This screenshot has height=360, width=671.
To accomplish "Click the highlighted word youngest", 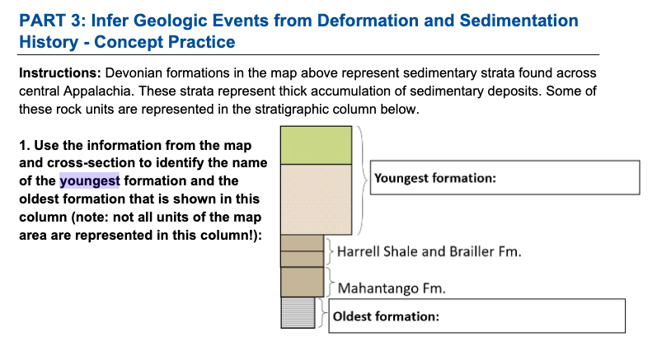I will tap(90, 181).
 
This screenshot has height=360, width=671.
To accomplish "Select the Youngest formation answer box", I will tap(504, 178).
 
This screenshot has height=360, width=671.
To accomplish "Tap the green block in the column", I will tap(318, 146).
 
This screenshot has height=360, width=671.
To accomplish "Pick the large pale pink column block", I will tap(318, 199).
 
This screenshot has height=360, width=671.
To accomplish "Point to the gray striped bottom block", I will tap(298, 316).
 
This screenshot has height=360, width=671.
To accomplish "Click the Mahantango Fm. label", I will tap(392, 288).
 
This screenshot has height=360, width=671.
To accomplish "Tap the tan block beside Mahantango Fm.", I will tap(302, 282).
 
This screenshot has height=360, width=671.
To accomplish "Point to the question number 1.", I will tap(22, 145).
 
